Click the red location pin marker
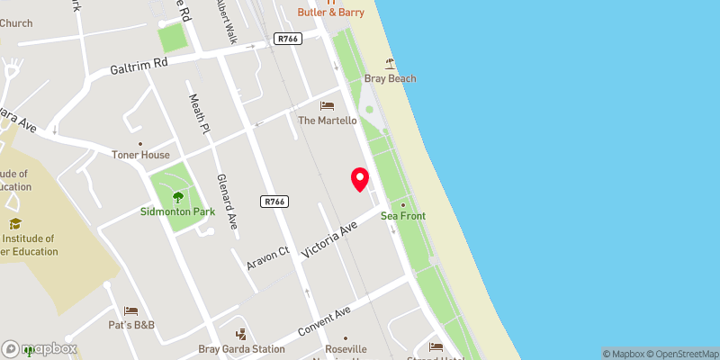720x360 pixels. coord(360,179)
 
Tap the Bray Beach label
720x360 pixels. coord(390,79)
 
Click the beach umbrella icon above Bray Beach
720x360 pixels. coord(390,64)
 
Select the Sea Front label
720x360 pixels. coord(402,216)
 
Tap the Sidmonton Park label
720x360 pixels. coord(176,212)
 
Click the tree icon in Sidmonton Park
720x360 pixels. coord(177,195)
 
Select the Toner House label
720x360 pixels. coord(140,155)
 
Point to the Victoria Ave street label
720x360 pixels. coord(330,238)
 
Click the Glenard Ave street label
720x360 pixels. coord(225,202)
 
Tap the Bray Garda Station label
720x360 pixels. coord(241,349)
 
